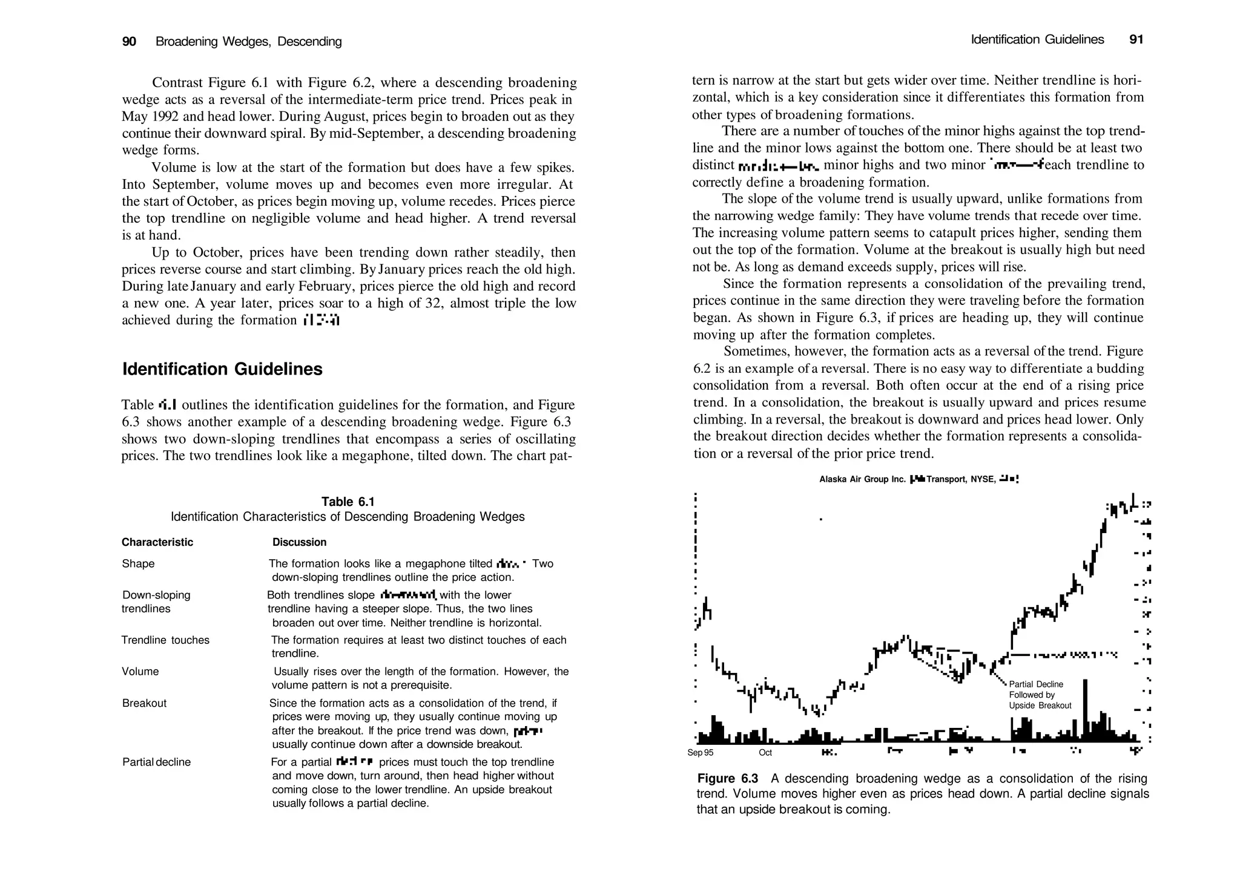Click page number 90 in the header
point(129,42)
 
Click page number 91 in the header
point(1136,40)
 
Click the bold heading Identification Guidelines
point(222,369)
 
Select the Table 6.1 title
point(348,502)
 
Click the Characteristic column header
point(157,542)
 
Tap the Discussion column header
point(299,542)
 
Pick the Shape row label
point(138,564)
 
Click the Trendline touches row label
point(165,640)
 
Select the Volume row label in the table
point(140,672)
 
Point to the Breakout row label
point(144,703)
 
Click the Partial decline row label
point(156,762)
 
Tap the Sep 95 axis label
point(701,753)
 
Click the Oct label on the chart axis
point(765,753)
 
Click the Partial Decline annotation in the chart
point(1036,684)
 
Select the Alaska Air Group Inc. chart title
point(862,479)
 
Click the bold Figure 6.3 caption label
point(728,779)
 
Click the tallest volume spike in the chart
point(1085,708)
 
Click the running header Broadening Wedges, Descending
point(249,42)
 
